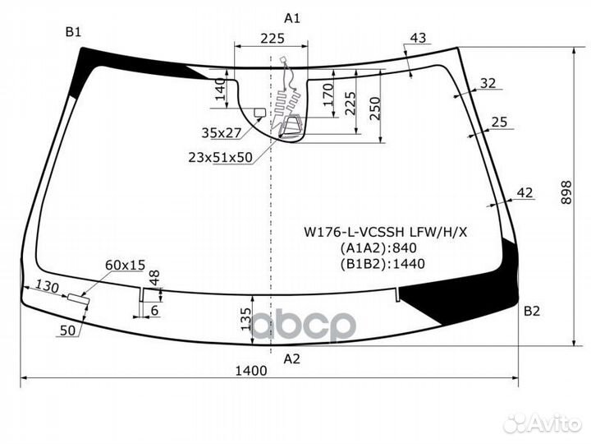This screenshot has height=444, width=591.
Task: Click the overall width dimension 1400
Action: tap(251, 371)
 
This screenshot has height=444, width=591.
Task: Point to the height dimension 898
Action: tap(566, 192)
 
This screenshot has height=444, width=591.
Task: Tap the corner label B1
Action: tap(73, 32)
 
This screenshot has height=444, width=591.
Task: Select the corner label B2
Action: tap(532, 311)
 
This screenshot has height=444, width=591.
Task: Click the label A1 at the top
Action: tap(291, 18)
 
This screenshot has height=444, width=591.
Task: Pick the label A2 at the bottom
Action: tap(291, 358)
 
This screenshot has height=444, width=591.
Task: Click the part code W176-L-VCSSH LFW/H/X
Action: tap(386, 232)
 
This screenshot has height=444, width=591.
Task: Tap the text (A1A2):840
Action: tap(378, 248)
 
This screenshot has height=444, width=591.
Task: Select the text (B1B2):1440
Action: tap(383, 264)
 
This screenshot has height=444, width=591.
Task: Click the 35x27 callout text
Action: tap(222, 133)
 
